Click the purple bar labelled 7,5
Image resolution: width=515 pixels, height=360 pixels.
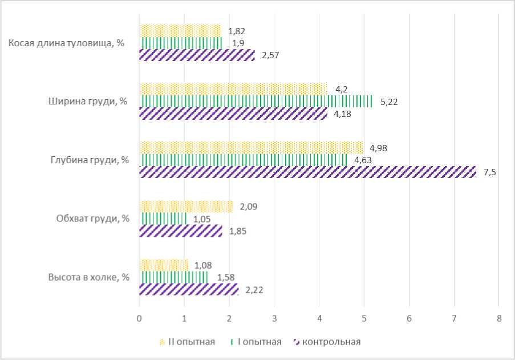pyautogui.click(x=308, y=172)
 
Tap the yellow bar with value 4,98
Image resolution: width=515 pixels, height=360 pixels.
pyautogui.click(x=252, y=148)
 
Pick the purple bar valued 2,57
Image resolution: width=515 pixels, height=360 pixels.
pyautogui.click(x=197, y=55)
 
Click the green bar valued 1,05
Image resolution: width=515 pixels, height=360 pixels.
pyautogui.click(x=163, y=219)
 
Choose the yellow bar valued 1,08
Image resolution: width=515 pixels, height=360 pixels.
pyautogui.click(x=164, y=265)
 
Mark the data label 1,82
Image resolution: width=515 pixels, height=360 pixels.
pyautogui.click(x=236, y=31)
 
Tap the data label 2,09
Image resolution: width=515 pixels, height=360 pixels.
pyautogui.click(x=248, y=207)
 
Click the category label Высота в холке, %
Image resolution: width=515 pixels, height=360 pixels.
pyautogui.click(x=89, y=277)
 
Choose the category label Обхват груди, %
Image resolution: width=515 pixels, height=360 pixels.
pyautogui.click(x=92, y=219)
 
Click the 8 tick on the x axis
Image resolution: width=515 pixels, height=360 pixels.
pyautogui.click(x=498, y=318)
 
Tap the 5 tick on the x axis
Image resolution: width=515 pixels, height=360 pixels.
pyautogui.click(x=364, y=318)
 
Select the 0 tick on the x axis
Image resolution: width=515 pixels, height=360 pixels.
pyautogui.click(x=139, y=318)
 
